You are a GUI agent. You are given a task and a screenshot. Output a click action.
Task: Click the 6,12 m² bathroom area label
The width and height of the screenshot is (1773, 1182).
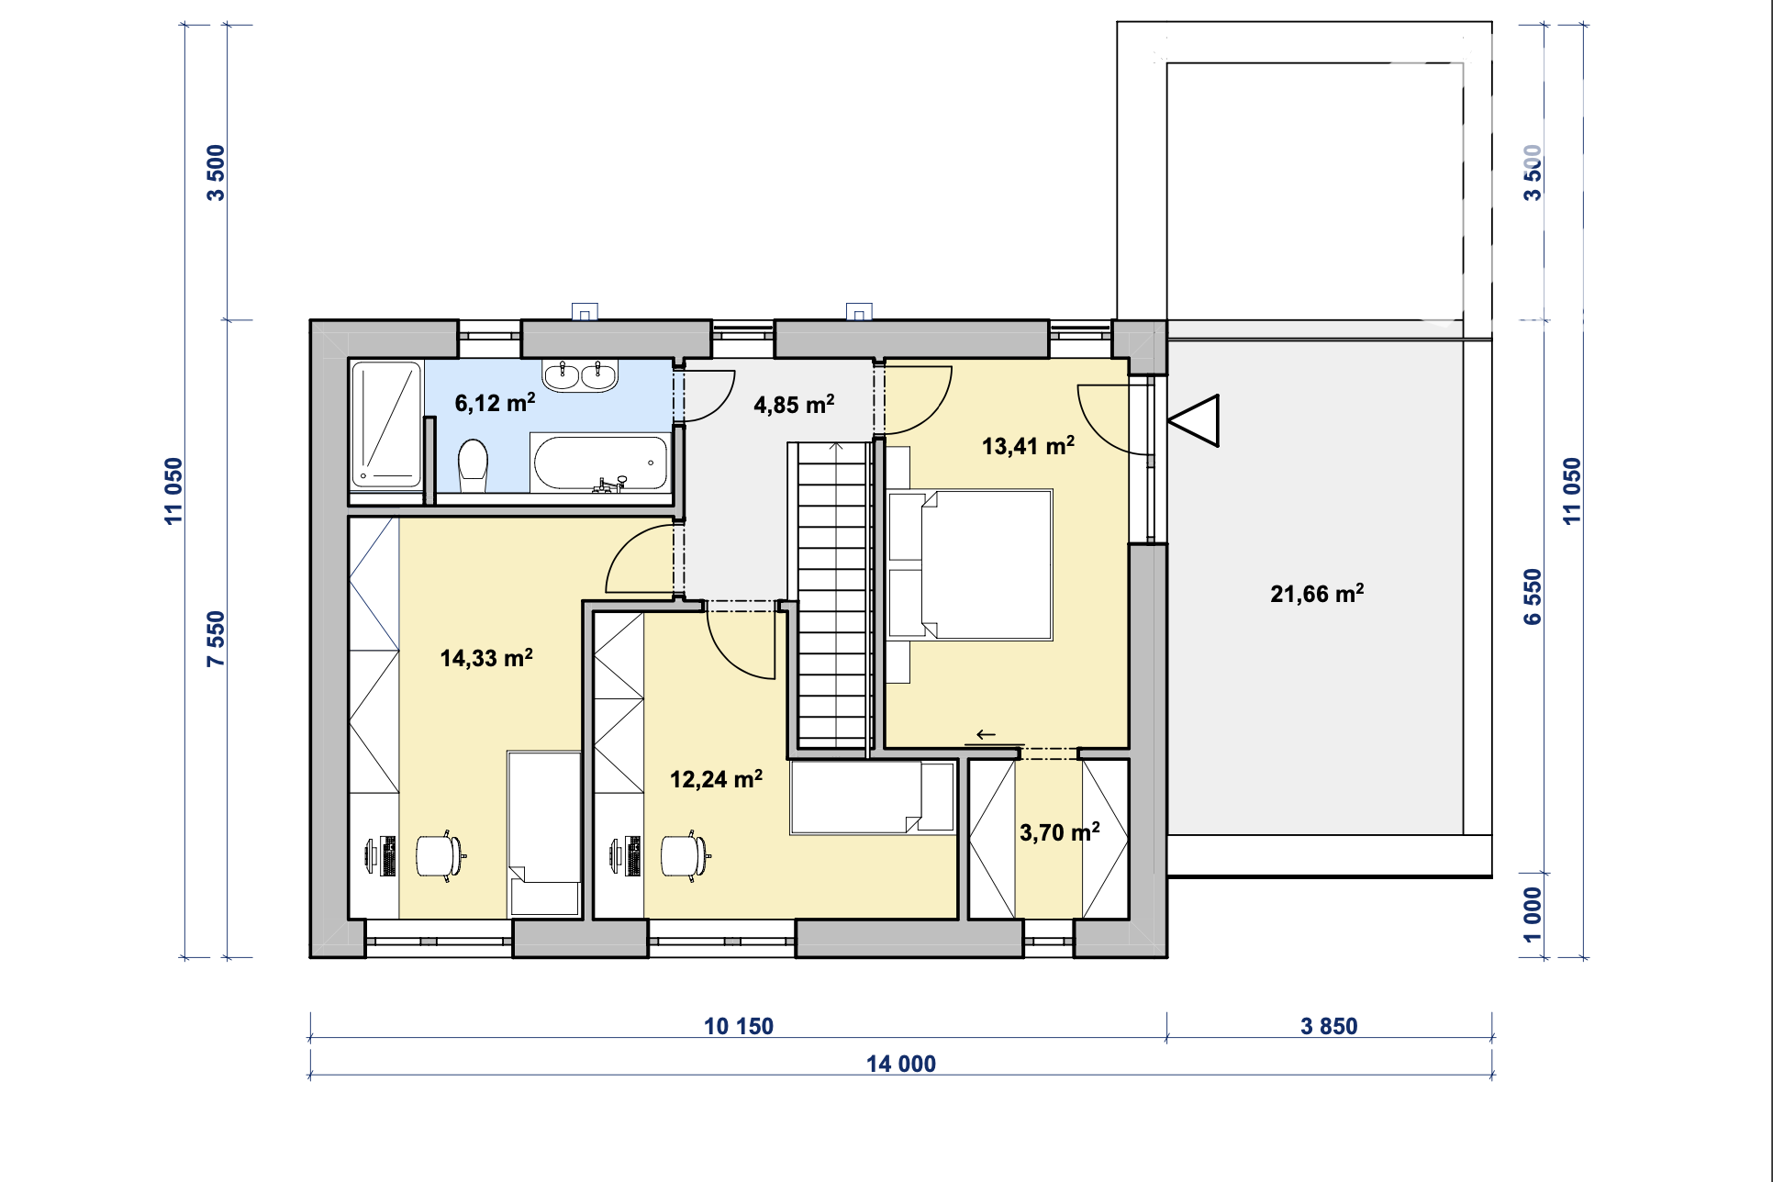[495, 403]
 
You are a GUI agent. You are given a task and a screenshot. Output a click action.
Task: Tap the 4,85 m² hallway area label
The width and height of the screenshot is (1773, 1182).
[794, 405]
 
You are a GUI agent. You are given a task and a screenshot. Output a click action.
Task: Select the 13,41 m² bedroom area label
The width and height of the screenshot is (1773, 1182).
[1028, 446]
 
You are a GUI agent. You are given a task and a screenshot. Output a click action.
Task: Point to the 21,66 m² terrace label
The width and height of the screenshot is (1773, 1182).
[1317, 594]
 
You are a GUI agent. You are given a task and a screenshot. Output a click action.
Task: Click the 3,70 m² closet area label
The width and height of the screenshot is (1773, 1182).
[1060, 832]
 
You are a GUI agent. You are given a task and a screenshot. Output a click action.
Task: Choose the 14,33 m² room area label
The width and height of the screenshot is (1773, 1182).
[486, 658]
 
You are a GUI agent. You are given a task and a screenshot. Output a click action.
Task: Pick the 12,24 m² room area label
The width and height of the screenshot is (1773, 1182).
[716, 779]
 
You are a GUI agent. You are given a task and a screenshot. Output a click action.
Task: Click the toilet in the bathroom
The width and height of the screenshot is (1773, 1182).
[473, 464]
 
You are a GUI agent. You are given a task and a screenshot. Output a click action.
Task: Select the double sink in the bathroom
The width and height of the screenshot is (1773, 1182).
[580, 375]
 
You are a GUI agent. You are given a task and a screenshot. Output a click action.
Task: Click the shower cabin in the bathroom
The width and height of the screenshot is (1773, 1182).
[386, 425]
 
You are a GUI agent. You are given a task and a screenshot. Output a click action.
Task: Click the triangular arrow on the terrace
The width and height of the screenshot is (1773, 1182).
[1194, 421]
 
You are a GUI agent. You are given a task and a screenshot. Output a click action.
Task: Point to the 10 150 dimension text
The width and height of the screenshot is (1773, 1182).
[739, 1026]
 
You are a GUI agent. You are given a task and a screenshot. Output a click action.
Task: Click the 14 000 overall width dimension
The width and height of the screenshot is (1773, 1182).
[901, 1064]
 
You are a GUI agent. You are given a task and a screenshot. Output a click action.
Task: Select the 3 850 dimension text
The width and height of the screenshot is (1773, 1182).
[1329, 1026]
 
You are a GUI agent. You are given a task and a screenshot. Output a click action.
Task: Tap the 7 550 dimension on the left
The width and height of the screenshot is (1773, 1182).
[216, 639]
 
